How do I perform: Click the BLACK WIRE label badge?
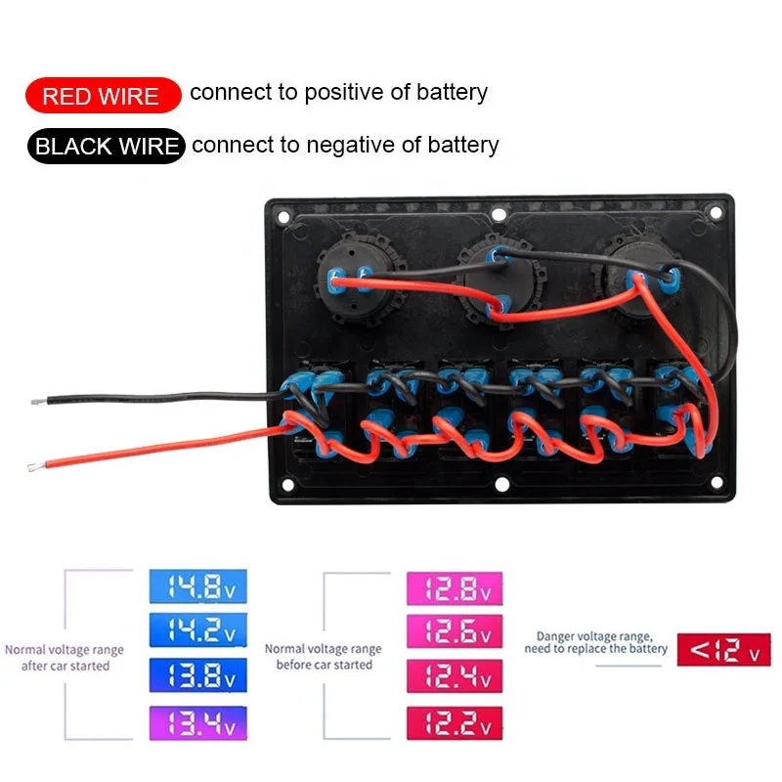106,147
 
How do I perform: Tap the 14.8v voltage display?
197,587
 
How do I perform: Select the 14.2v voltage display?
197,630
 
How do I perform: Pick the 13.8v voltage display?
197,674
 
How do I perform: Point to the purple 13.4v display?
197,722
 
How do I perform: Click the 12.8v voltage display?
454,587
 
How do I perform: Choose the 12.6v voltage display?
454,630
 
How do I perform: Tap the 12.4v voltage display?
454,674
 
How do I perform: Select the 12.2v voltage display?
454,722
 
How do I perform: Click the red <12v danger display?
723,649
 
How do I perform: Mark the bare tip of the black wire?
35,402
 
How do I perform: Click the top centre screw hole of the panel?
499,214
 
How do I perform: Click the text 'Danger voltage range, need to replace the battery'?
595,641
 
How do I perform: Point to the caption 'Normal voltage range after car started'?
65,657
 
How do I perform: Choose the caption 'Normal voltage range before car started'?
323,656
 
